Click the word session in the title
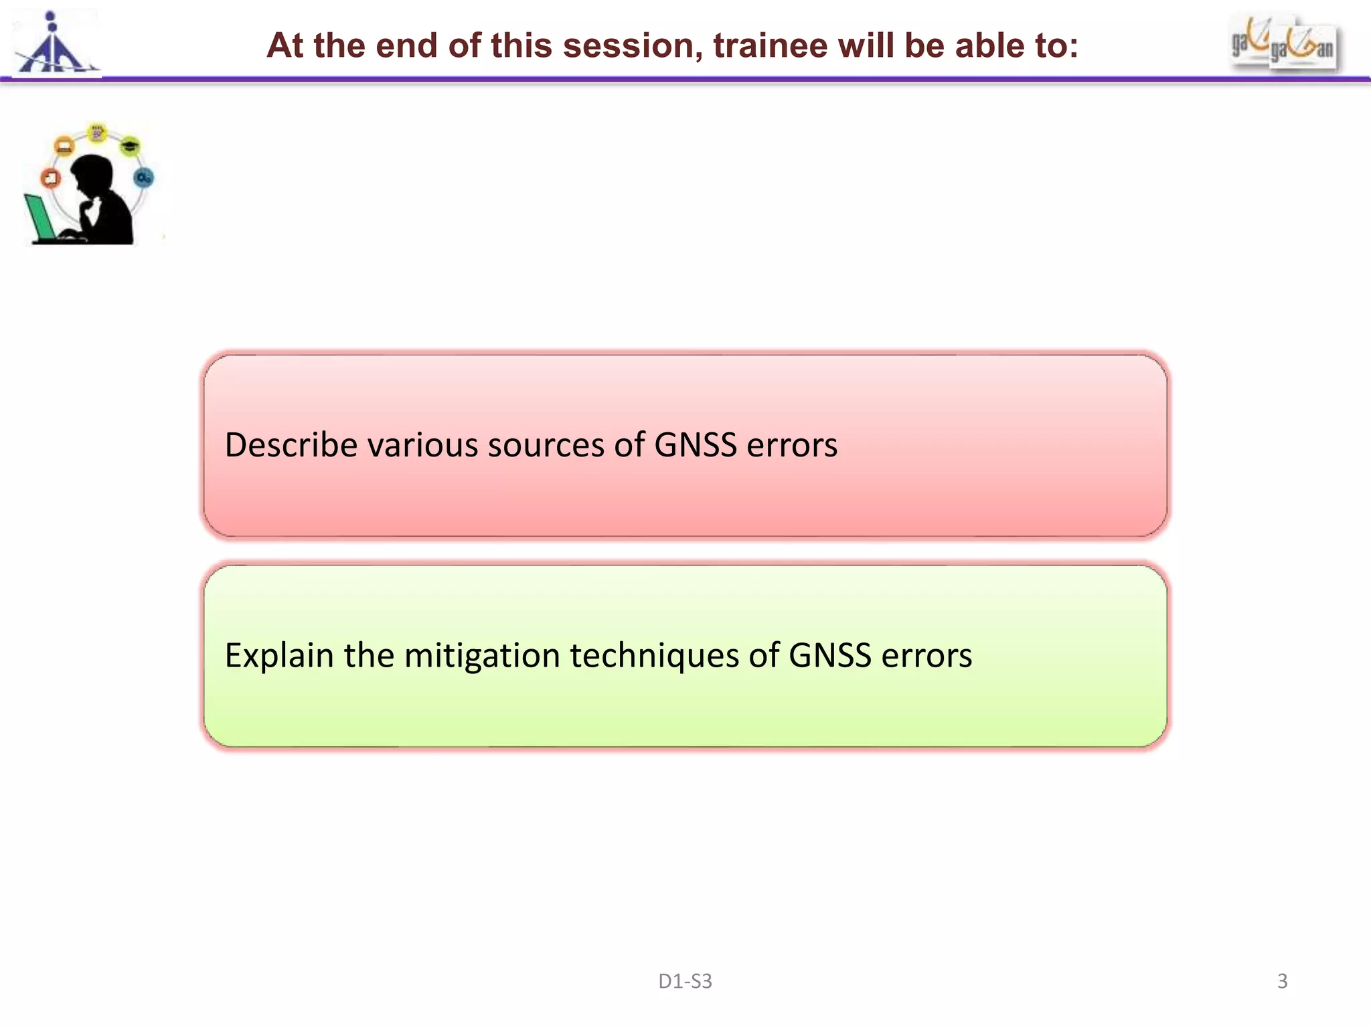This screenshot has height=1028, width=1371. (x=633, y=46)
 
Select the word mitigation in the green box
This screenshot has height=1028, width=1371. (x=482, y=655)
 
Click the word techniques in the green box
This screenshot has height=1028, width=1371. (x=654, y=655)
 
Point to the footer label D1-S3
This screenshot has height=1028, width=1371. (x=685, y=981)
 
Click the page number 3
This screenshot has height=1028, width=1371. (x=1282, y=981)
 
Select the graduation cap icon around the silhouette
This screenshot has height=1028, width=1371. (x=131, y=145)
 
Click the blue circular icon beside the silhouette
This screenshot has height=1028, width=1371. (x=144, y=177)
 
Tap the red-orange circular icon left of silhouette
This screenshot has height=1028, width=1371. (x=51, y=178)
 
